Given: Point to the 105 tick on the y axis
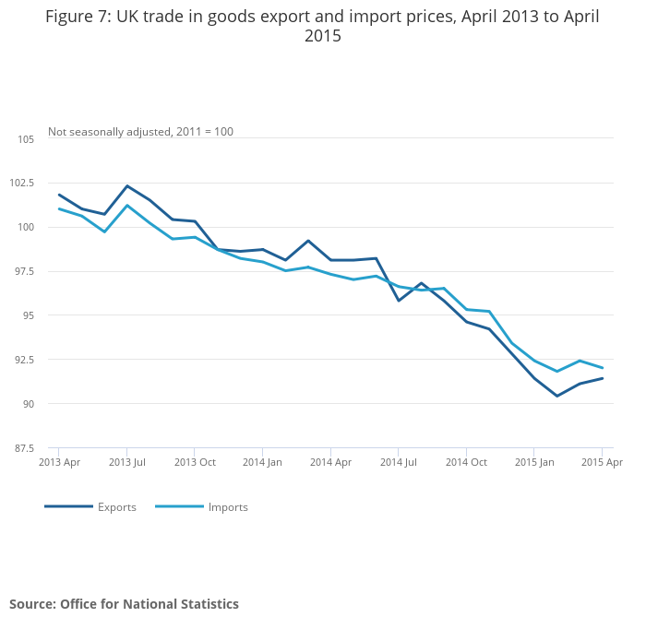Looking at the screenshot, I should [x=26, y=139].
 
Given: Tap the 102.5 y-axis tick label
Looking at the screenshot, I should [x=21, y=184].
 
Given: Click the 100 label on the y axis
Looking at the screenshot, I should [x=26, y=228].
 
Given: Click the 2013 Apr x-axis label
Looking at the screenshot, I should [x=58, y=462].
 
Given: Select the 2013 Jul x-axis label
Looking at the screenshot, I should [x=127, y=462].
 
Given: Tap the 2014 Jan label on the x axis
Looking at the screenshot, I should [x=262, y=462].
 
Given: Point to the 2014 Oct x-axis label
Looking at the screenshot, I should [x=466, y=462].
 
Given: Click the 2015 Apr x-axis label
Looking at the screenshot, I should [x=603, y=462].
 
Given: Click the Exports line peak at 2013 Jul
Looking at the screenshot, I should [x=127, y=186].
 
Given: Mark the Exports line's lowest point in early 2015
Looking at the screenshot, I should [x=556, y=396].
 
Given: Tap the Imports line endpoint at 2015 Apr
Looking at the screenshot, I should [x=602, y=368].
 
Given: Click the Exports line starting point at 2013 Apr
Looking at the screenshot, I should [x=59, y=195].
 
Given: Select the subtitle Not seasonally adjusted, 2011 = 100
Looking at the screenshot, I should [x=140, y=132].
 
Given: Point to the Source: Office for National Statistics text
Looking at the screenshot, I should [x=124, y=604].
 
